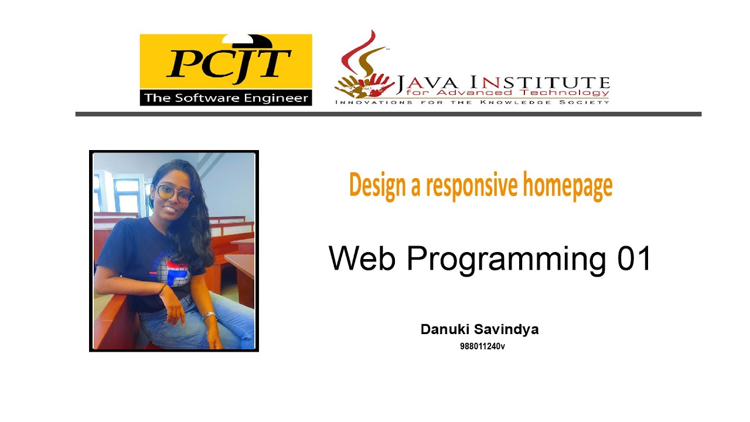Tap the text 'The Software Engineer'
pyautogui.click(x=226, y=98)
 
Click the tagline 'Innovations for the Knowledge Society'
pyautogui.click(x=472, y=102)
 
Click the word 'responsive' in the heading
pyautogui.click(x=472, y=185)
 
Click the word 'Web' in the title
pyautogui.click(x=362, y=258)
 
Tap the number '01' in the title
pyautogui.click(x=634, y=258)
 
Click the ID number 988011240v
pyautogui.click(x=482, y=346)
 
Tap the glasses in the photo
pyautogui.click(x=174, y=193)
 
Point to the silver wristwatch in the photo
pyautogui.click(x=209, y=316)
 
